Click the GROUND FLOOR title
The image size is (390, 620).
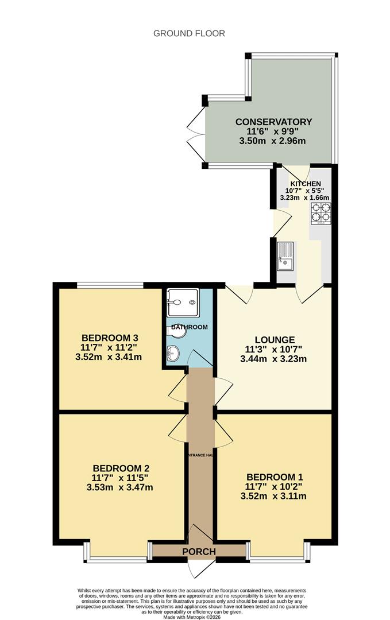pyautogui.click(x=189, y=34)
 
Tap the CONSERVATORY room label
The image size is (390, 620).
pyautogui.click(x=274, y=122)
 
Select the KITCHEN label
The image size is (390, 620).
pyautogui.click(x=306, y=184)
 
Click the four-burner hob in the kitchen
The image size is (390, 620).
pyautogui.click(x=321, y=214)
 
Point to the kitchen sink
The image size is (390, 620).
pyautogui.click(x=285, y=256)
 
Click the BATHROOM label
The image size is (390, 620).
pyautogui.click(x=190, y=327)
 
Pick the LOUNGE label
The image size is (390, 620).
pyautogui.click(x=275, y=340)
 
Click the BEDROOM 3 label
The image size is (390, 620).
pyautogui.click(x=110, y=338)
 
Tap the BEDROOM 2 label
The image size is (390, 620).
pyautogui.click(x=121, y=468)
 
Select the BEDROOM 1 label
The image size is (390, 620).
pyautogui.click(x=275, y=477)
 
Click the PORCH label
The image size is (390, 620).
pyautogui.click(x=199, y=552)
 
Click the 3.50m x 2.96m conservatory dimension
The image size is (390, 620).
pyautogui.click(x=272, y=141)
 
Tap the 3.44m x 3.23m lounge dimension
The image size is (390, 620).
pyautogui.click(x=273, y=359)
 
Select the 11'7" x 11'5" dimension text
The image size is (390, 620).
pyautogui.click(x=120, y=478)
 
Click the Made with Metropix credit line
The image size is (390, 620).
pyautogui.click(x=192, y=617)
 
